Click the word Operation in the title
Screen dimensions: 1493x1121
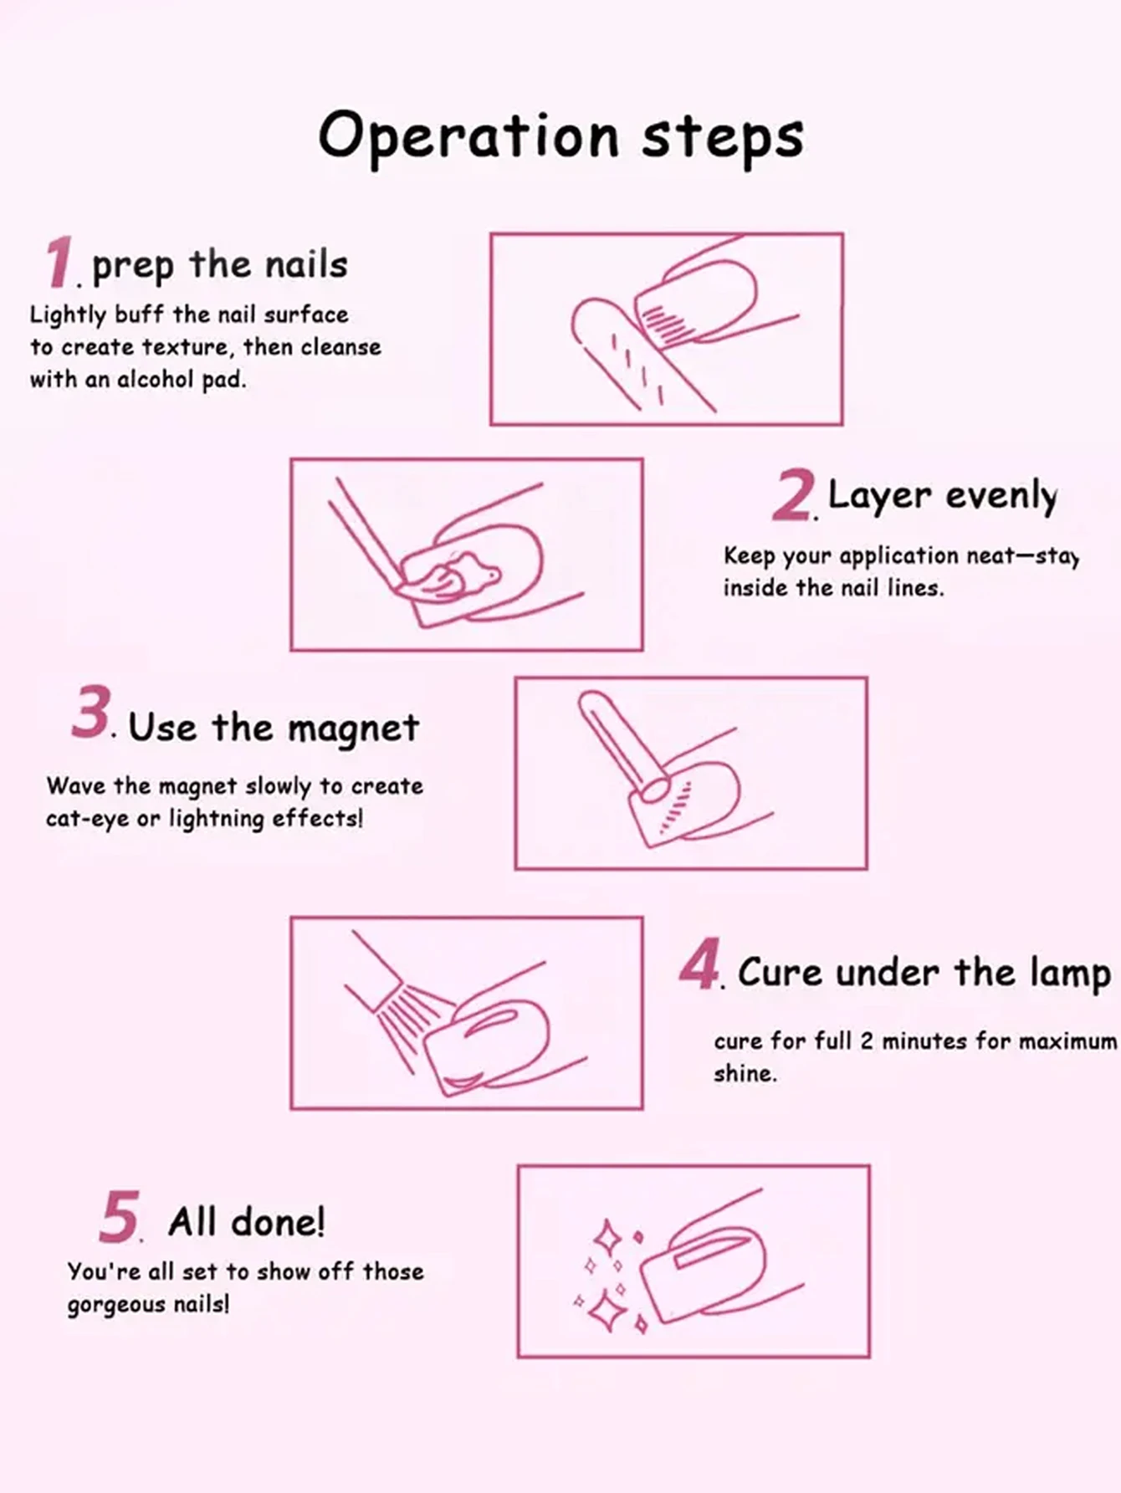click(x=468, y=136)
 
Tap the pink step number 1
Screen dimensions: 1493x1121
click(x=59, y=263)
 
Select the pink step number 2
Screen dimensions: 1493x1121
click(x=792, y=495)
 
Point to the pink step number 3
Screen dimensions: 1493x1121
click(x=91, y=713)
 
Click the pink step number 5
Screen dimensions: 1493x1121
click(x=119, y=1217)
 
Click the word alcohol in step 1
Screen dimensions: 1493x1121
click(x=155, y=380)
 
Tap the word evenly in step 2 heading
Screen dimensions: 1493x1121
click(x=1001, y=496)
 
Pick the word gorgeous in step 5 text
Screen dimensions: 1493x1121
click(x=104, y=1306)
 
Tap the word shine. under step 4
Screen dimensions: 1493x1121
click(x=745, y=1074)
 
